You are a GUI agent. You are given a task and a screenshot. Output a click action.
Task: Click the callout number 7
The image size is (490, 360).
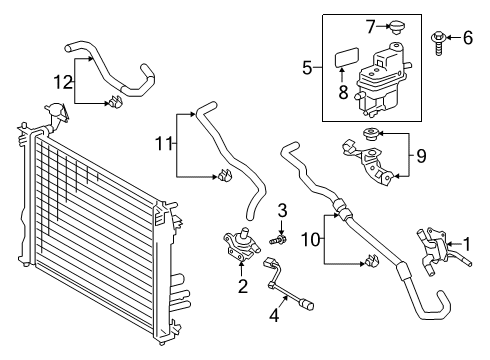pos(368,22)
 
